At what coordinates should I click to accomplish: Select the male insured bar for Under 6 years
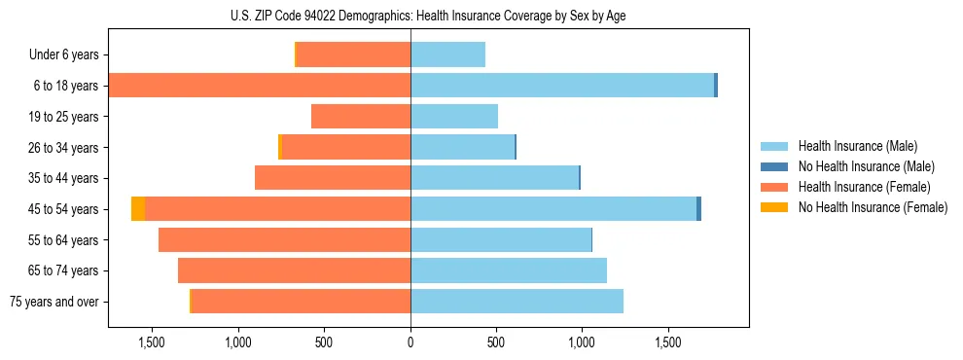447,55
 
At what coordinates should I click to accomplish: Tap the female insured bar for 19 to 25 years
361,117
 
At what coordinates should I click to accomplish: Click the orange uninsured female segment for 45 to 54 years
138,209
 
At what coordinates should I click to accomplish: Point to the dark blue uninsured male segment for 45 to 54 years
698,209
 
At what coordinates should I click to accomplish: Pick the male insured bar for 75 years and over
517,302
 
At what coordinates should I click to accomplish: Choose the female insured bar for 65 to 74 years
294,270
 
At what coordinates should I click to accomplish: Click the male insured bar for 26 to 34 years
462,148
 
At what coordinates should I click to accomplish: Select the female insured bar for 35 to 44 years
333,178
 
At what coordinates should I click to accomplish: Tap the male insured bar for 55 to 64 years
501,240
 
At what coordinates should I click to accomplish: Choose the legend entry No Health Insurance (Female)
870,207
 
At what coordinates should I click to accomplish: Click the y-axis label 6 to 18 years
66,86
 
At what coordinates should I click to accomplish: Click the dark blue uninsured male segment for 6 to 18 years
716,86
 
